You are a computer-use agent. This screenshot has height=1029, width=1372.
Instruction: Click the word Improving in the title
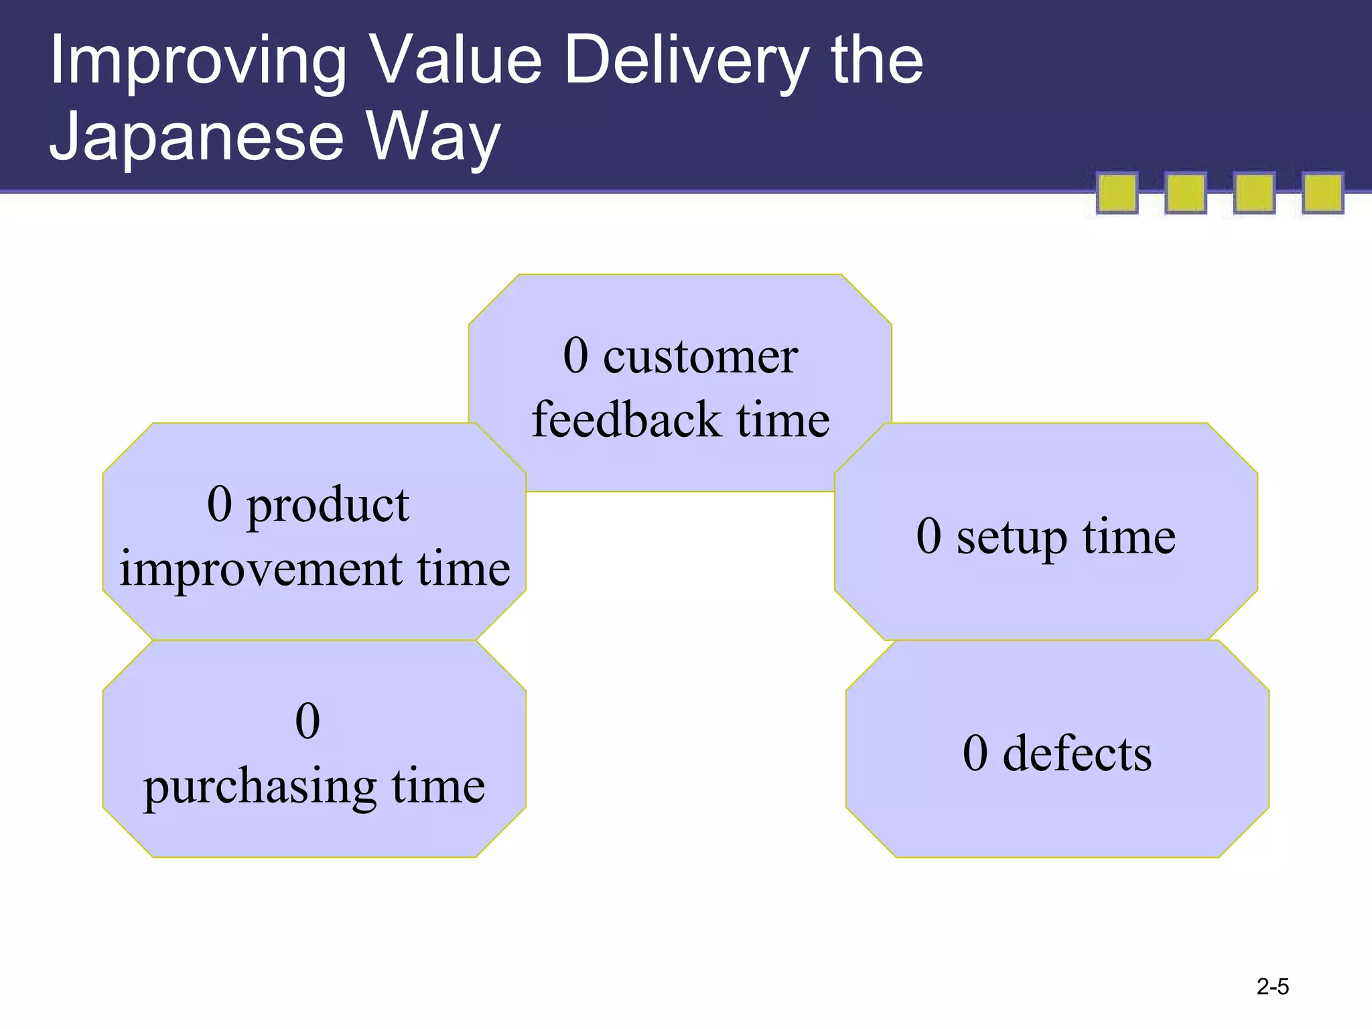198,62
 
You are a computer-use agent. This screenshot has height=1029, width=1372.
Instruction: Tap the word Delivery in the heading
686,62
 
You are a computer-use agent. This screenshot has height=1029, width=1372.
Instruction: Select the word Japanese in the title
197,137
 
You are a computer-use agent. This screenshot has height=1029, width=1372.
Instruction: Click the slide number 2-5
1272,987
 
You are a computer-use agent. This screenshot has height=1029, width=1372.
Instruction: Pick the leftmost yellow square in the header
1117,193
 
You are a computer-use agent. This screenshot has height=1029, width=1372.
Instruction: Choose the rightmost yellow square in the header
1322,193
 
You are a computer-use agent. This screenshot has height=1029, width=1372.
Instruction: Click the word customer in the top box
700,356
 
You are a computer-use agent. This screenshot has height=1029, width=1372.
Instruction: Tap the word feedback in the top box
626,421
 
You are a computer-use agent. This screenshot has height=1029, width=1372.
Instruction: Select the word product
328,506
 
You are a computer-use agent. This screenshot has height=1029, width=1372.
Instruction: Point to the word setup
1011,538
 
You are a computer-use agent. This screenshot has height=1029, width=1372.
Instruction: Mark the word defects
1077,754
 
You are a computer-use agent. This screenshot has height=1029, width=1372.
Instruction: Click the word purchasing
260,786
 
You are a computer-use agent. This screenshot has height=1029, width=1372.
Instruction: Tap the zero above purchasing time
307,722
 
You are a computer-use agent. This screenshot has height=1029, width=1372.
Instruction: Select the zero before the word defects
975,754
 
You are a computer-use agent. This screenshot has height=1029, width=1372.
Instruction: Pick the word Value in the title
456,62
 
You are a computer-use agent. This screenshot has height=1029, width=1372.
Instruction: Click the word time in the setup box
1129,537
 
